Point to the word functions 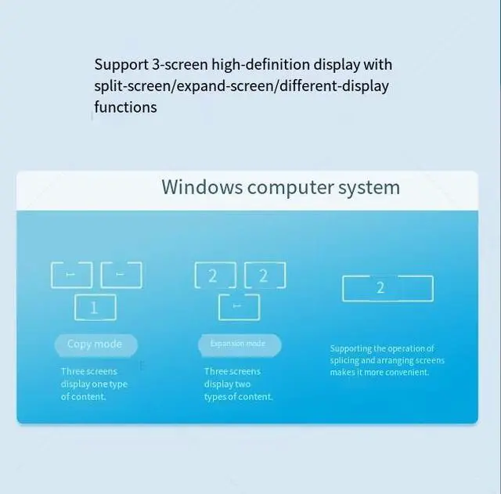coord(125,107)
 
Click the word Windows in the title coord(201,188)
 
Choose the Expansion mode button coord(237,344)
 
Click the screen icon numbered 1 coord(95,308)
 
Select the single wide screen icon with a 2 coord(387,287)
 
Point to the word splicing coord(347,361)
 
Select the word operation coord(406,348)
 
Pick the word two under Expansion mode coord(243,384)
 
